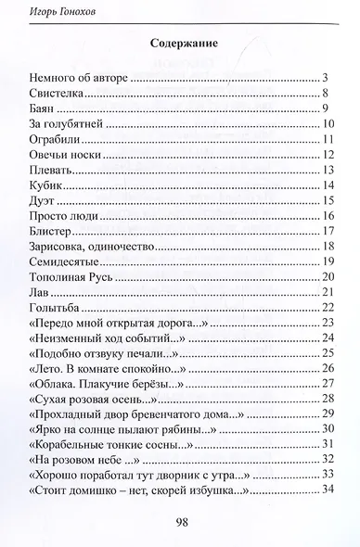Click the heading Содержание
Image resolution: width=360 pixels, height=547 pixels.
(180, 44)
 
